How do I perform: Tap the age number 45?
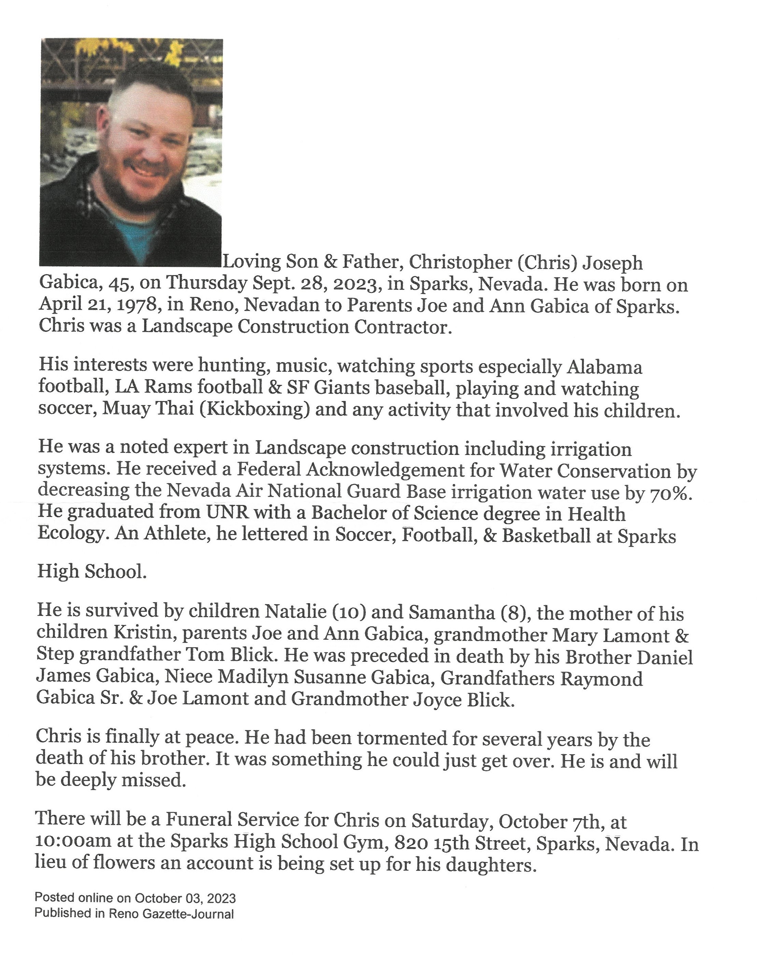pos(121,284)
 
